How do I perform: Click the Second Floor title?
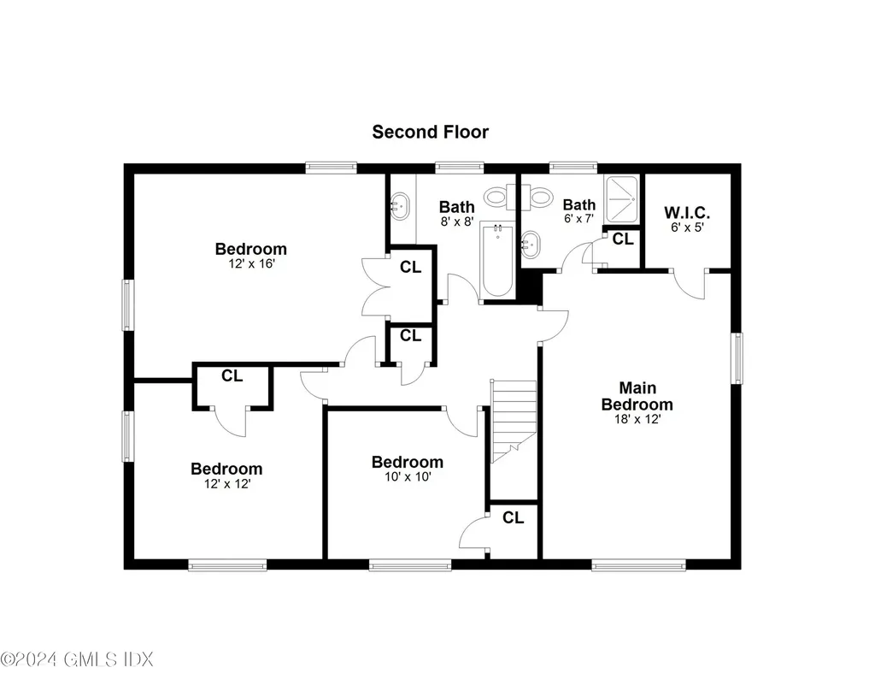point(430,132)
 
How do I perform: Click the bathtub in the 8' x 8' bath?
point(496,260)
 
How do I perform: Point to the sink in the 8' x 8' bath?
point(399,204)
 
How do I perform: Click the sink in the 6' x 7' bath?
point(530,245)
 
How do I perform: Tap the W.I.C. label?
point(686,213)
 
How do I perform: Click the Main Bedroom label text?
point(637,396)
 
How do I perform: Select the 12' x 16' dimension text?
point(250,264)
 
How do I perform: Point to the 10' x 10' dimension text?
point(407,477)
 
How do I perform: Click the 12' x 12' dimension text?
point(226,483)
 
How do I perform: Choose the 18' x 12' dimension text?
point(637,419)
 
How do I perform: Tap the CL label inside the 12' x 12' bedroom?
point(232,375)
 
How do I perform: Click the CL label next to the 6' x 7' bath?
point(623,239)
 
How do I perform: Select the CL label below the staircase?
point(513,517)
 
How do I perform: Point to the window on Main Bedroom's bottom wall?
point(638,564)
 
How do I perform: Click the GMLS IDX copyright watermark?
point(76,659)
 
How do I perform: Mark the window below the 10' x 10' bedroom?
point(409,564)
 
